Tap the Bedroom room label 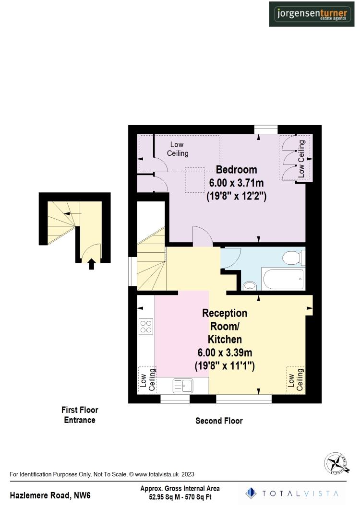coord(236,170)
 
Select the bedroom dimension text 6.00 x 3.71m coord(236,183)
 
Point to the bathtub coord(283,280)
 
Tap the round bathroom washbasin coord(250,286)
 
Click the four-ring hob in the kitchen coord(146,326)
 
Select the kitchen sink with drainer coord(183,385)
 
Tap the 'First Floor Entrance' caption coord(80,415)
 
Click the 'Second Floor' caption coord(219,421)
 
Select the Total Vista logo coord(292,493)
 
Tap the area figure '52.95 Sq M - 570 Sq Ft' coord(180,497)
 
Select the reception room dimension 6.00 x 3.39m coord(225,353)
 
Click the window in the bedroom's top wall coord(266,129)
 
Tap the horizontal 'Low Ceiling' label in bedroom coord(177,149)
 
